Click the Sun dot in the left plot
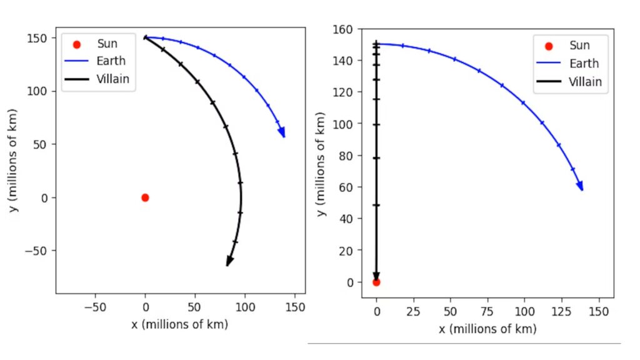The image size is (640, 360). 145,197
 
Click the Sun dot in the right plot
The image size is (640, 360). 376,282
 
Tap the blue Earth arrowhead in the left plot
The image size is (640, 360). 282,132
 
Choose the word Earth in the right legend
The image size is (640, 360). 584,63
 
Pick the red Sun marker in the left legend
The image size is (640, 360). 77,44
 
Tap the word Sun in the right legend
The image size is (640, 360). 579,46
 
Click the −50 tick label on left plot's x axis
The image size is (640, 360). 95,307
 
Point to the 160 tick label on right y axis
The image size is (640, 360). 343,29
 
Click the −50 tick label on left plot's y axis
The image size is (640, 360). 37,251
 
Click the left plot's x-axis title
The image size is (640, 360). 180,324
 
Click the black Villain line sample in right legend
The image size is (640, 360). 549,81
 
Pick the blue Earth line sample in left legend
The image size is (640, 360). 77,61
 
